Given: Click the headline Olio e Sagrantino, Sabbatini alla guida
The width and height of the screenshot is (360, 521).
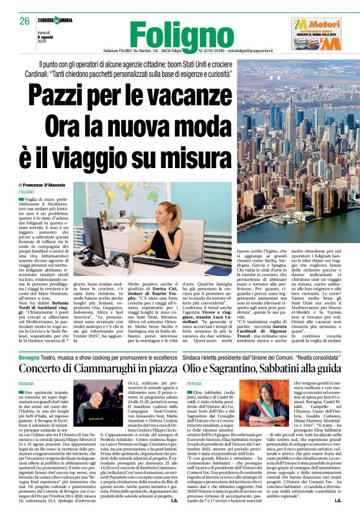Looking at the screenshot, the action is [263, 352].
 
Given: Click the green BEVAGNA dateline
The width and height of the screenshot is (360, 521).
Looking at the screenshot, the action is [26, 367].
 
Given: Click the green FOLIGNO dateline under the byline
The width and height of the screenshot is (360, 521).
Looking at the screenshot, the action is [27, 194].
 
